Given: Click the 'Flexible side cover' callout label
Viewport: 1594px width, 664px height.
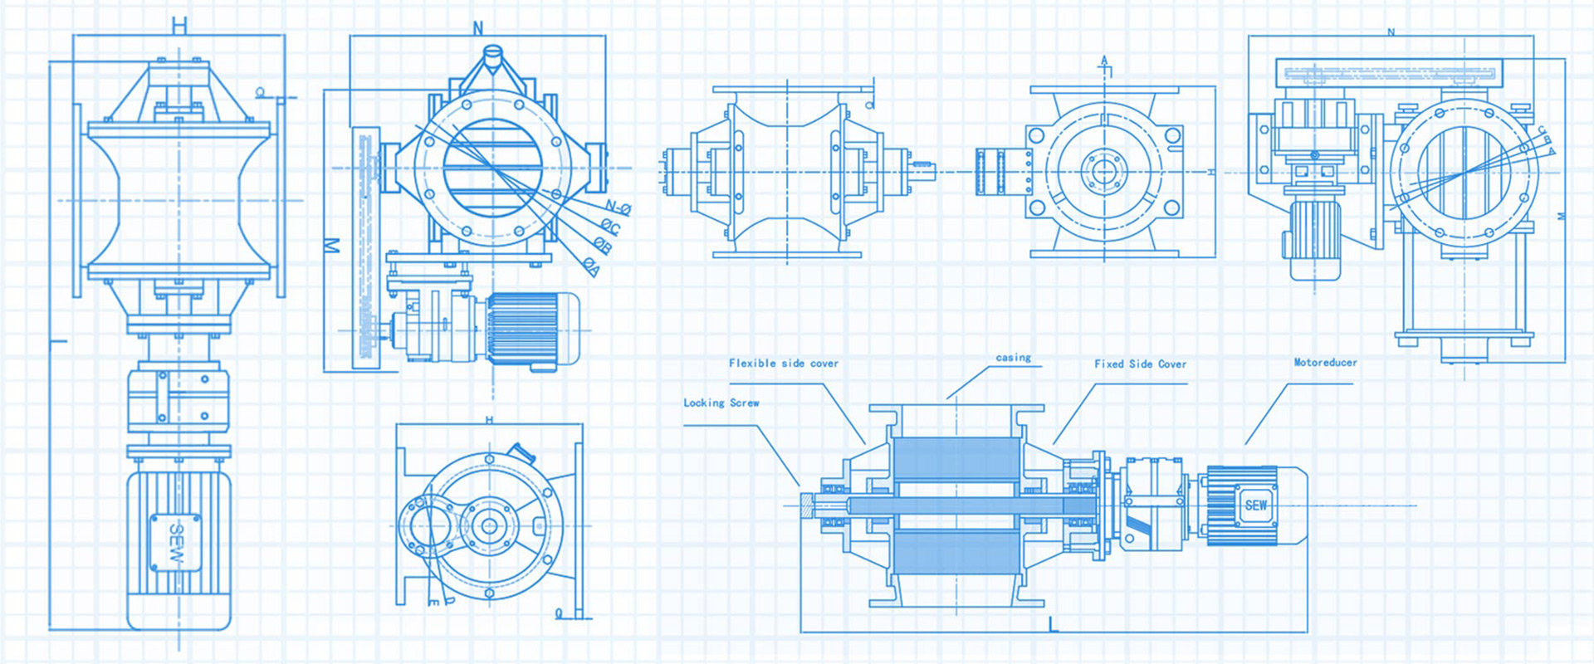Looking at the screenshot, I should tap(783, 364).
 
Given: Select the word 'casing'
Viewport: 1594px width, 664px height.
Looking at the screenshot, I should tap(1013, 358).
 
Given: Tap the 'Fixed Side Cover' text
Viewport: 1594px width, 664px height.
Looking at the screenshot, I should tap(1140, 364).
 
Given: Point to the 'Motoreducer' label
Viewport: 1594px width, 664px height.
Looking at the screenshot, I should tap(1325, 363).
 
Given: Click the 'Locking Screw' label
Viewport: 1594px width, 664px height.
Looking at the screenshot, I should tap(721, 403).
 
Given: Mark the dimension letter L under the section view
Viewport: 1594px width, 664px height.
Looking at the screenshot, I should tap(1053, 624).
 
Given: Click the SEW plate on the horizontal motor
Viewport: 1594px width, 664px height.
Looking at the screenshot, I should tap(1255, 505).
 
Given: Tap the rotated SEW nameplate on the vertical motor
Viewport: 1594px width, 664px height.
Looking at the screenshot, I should tap(175, 542).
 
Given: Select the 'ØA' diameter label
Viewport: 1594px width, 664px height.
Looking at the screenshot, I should tap(591, 266).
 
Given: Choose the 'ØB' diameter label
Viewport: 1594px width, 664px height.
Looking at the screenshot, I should tap(603, 246).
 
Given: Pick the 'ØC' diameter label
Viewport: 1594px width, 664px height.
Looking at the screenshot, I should tap(610, 226).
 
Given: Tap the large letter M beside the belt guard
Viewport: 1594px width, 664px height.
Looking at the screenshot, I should tap(332, 246).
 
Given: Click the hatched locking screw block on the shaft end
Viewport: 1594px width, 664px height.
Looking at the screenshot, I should tap(806, 505).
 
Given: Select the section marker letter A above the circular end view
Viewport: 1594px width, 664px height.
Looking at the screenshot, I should tap(1104, 61).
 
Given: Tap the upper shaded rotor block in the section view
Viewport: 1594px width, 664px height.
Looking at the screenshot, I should tap(956, 458).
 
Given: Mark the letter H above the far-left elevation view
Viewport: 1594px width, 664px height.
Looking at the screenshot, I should tap(179, 26).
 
